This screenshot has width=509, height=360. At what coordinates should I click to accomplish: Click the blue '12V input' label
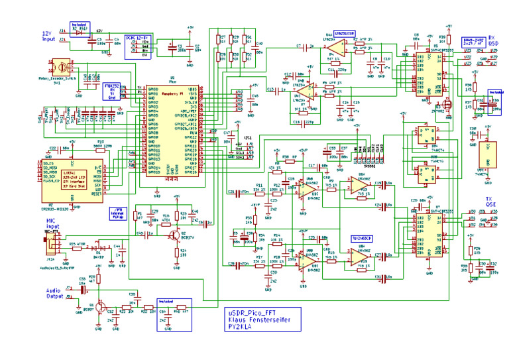[48, 36]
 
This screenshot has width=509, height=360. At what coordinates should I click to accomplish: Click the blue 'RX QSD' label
[492, 40]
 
